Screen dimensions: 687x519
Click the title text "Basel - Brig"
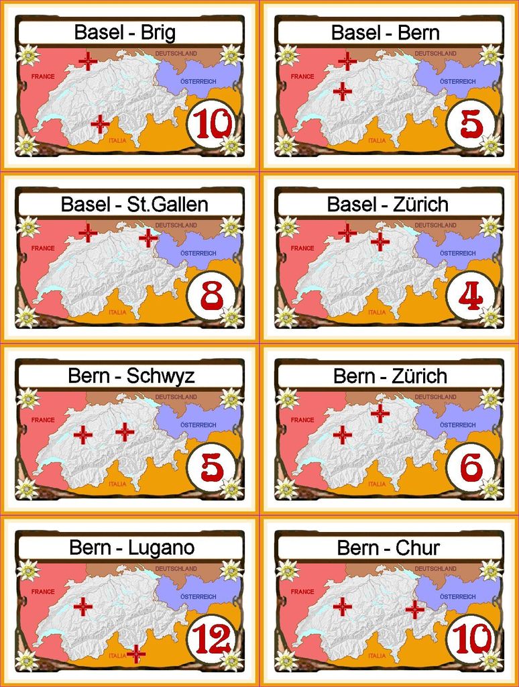tap(125, 32)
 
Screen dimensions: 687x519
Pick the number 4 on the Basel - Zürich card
tap(471, 296)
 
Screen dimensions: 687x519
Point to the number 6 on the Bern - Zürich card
tap(471, 468)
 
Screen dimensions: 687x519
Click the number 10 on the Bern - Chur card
tap(471, 639)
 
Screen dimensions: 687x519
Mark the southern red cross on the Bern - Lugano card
tap(136, 653)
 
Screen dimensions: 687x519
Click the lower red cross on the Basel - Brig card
tap(101, 123)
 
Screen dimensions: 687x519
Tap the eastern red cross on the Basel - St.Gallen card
tap(148, 237)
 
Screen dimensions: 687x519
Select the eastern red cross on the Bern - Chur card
tap(415, 609)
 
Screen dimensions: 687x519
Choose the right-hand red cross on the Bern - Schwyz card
tap(125, 432)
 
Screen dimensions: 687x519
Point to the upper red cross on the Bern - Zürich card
tap(380, 413)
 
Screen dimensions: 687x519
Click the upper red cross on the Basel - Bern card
tap(347, 61)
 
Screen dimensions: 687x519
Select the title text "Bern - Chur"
tap(388, 547)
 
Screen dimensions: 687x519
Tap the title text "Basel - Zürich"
tap(388, 204)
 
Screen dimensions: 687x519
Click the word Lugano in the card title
tap(162, 547)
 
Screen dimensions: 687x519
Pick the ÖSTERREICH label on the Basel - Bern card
tap(458, 81)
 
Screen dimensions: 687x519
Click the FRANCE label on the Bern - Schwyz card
tap(43, 420)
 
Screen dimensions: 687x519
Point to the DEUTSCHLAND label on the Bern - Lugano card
tap(176, 568)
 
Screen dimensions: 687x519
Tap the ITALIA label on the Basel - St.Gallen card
tap(117, 312)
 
